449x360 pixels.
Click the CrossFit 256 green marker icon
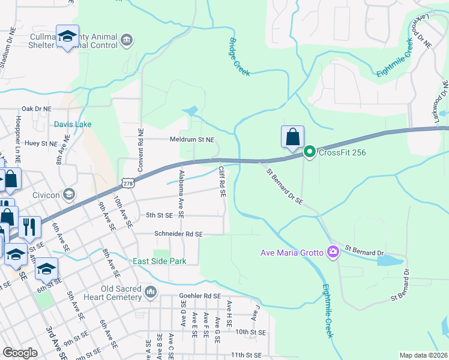[x=310, y=152]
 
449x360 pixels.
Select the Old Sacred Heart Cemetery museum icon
[x=150, y=292]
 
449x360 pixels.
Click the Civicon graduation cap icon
[x=70, y=193]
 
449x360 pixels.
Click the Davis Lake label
[x=73, y=125]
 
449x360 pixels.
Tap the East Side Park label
[x=159, y=261]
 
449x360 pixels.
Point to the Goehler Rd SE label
[x=200, y=296]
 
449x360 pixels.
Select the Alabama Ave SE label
[x=181, y=193]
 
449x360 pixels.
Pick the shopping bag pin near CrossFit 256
[x=292, y=137]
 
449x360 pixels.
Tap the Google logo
[x=20, y=353]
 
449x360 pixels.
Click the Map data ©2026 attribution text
[x=423, y=355]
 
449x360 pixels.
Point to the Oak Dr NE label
[x=37, y=109]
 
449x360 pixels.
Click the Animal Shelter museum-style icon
[x=127, y=40]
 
